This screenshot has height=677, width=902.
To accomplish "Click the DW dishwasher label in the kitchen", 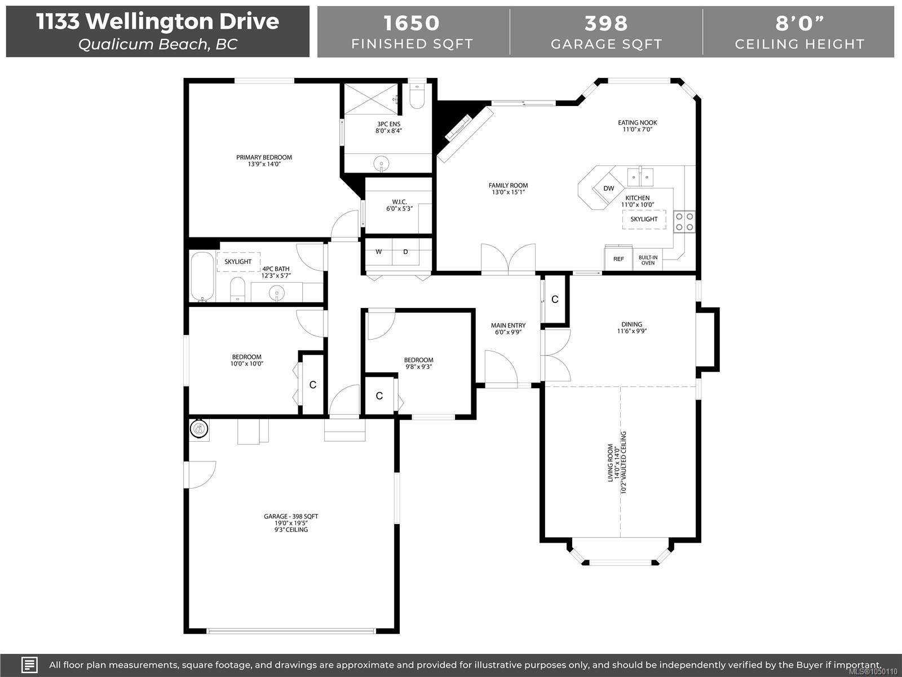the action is (609, 188).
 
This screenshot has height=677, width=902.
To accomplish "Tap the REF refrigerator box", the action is (618, 258).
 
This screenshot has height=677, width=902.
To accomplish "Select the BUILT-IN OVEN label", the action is (648, 260).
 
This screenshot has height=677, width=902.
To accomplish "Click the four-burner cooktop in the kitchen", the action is (684, 222).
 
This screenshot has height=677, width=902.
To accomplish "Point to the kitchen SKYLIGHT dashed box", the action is (644, 219).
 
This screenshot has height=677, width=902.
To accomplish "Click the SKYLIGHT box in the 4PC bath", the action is (238, 262).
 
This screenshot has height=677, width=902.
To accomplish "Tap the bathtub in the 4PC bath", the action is (202, 276).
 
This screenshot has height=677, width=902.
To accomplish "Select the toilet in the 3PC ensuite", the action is (417, 96).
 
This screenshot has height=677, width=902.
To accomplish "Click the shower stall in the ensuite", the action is (372, 99).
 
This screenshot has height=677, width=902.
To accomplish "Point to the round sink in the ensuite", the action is (381, 164).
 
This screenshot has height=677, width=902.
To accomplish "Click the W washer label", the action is (378, 252).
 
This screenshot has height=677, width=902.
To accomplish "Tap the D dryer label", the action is (405, 252).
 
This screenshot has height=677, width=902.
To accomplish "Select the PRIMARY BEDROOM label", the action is (264, 157).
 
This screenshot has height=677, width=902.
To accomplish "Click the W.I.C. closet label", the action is (400, 202).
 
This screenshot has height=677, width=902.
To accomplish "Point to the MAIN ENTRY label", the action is (509, 326).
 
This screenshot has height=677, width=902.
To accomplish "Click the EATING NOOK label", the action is (638, 122).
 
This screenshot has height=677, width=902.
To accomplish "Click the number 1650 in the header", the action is (412, 23).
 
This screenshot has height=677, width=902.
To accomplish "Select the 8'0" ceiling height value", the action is (799, 23).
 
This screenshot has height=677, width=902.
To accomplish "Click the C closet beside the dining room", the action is (555, 300).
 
